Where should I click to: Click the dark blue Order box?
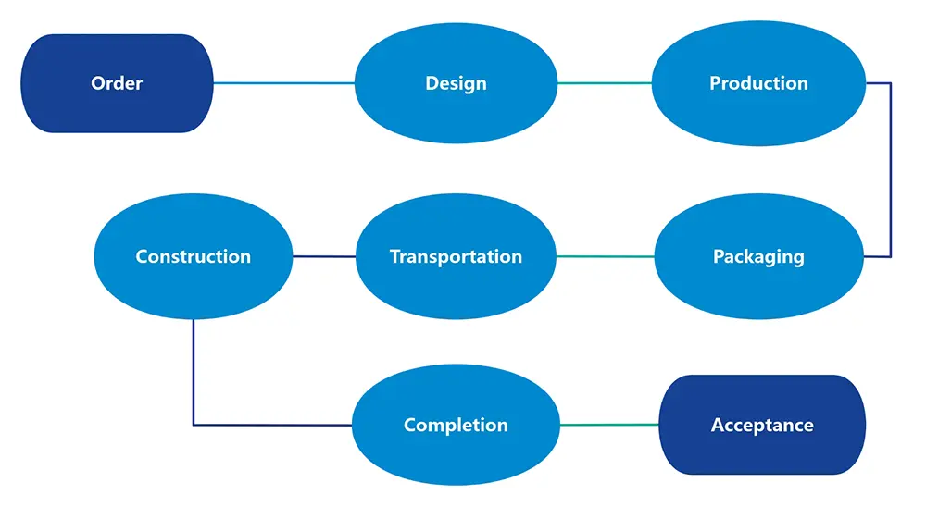(x=117, y=83)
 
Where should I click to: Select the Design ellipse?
(x=456, y=83)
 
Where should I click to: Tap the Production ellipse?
(x=759, y=83)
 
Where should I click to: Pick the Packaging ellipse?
(x=759, y=256)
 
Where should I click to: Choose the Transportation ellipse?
(x=456, y=256)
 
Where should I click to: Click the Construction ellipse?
(x=194, y=256)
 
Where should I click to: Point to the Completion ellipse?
(x=456, y=425)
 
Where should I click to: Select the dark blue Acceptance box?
(x=762, y=425)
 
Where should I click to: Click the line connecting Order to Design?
(x=284, y=83)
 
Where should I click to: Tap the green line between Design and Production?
(x=605, y=83)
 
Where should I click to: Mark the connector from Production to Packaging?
(x=891, y=170)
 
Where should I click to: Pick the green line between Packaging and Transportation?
(x=606, y=256)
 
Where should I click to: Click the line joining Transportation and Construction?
(x=324, y=256)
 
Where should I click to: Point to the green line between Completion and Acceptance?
(x=609, y=425)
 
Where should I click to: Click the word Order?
(x=117, y=83)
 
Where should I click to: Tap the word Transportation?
(x=456, y=256)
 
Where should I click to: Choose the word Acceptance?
(x=762, y=425)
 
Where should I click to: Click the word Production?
(x=759, y=83)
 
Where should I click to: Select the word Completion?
(x=456, y=425)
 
